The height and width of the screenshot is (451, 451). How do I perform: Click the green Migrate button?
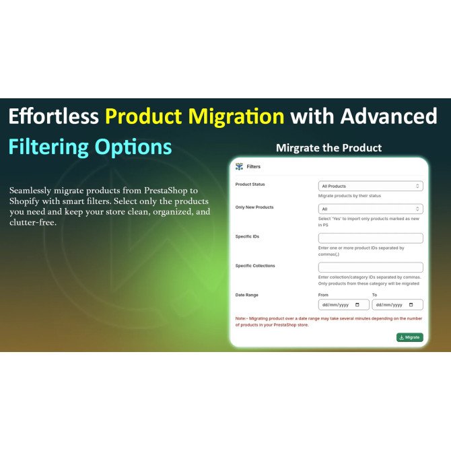pyautogui.click(x=409, y=337)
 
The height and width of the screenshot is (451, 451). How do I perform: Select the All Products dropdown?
pyautogui.click(x=370, y=186)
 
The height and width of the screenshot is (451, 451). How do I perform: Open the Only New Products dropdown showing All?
pyautogui.click(x=370, y=209)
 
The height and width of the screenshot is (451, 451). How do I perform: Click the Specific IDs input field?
pyautogui.click(x=370, y=238)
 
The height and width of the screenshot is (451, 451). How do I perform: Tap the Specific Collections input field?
pyautogui.click(x=370, y=267)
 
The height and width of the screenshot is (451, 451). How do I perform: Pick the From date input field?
pyautogui.click(x=343, y=305)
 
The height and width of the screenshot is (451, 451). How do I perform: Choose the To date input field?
pyautogui.click(x=398, y=305)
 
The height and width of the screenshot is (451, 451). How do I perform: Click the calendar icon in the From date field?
pyautogui.click(x=357, y=305)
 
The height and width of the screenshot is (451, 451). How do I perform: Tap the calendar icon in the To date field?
pyautogui.click(x=411, y=305)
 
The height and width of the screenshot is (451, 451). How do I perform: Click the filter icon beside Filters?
pyautogui.click(x=239, y=166)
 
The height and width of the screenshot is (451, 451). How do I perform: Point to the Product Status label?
pyautogui.click(x=250, y=184)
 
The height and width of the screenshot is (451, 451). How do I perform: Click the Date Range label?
pyautogui.click(x=247, y=295)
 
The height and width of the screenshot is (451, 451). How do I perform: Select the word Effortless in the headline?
pyautogui.click(x=54, y=116)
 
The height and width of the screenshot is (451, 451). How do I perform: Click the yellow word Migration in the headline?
pyautogui.click(x=236, y=116)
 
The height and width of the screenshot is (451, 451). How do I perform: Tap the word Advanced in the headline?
pyautogui.click(x=388, y=116)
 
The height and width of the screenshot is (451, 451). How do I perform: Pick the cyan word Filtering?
pyautogui.click(x=48, y=147)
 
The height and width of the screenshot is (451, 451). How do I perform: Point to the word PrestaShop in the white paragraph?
pyautogui.click(x=166, y=190)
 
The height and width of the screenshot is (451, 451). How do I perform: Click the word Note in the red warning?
pyautogui.click(x=240, y=318)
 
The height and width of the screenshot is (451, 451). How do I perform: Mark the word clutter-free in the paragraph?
pyautogui.click(x=32, y=223)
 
